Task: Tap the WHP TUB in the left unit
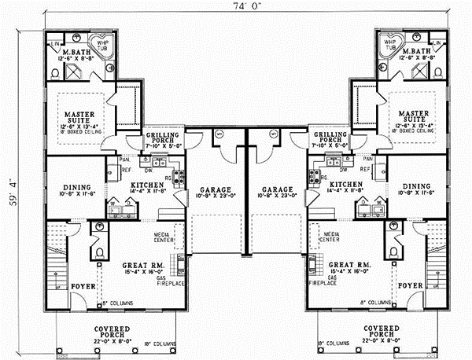click(x=102, y=44)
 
